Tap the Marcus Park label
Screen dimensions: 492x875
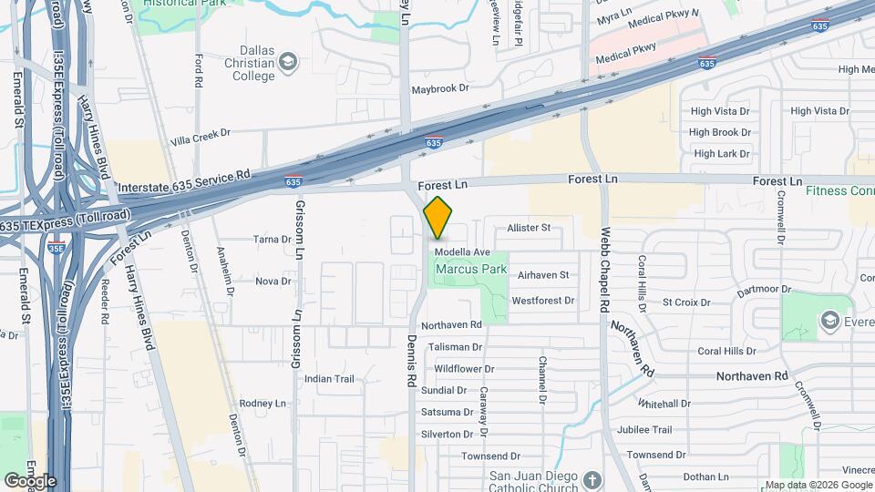(470, 270)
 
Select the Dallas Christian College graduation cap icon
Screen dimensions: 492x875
(289, 62)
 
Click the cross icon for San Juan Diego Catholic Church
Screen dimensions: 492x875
(592, 480)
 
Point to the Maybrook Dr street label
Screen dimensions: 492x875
(439, 89)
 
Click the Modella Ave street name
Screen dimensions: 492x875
(462, 252)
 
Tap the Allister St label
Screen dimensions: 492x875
(530, 228)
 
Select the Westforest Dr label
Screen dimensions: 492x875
(543, 300)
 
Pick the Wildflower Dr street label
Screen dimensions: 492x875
(464, 369)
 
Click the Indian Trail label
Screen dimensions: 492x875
(329, 379)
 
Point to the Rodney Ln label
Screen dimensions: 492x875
(262, 403)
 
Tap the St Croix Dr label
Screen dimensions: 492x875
(685, 302)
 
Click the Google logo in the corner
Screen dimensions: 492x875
(30, 481)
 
